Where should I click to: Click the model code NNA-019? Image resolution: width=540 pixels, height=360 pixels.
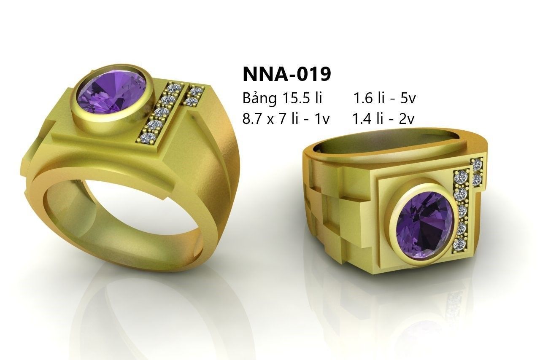(x=286, y=74)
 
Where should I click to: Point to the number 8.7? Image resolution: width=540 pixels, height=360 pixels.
(x=251, y=119)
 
